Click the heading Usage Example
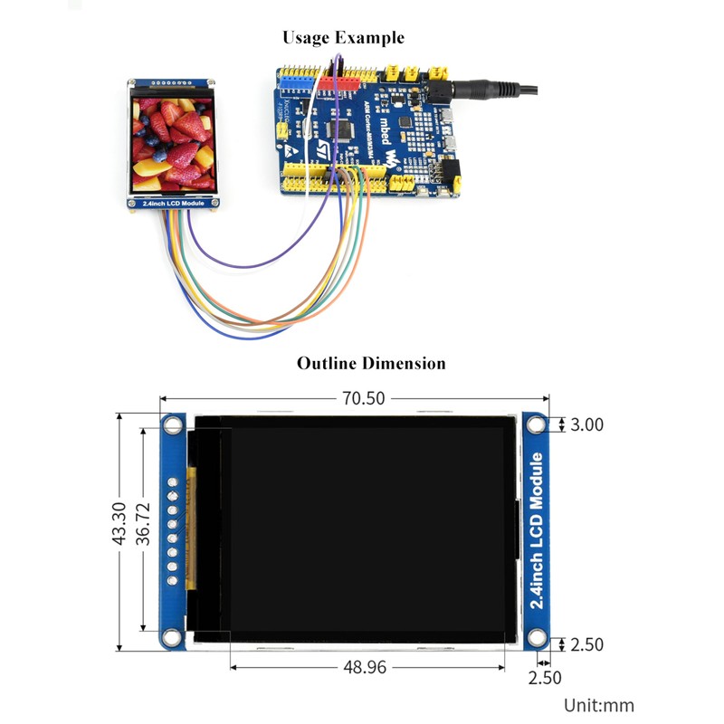point(343,38)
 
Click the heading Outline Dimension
point(371,364)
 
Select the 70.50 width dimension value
point(355,399)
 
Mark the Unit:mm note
point(599,705)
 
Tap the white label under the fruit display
point(173,204)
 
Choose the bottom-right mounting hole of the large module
point(538,640)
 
